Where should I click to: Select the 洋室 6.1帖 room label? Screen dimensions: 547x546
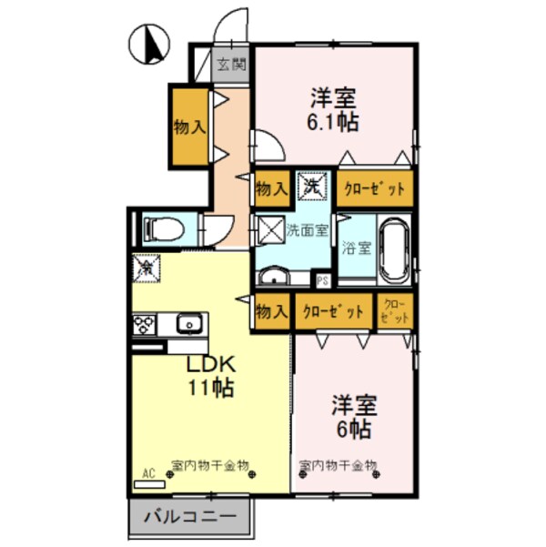[332, 108]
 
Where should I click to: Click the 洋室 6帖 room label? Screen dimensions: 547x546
[349, 415]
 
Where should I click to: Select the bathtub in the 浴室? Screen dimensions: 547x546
[395, 251]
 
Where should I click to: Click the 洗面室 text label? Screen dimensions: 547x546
[307, 230]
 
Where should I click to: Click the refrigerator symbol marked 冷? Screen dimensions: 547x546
[147, 268]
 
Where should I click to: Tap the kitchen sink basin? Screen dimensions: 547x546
[190, 324]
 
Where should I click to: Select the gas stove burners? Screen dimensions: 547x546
[146, 324]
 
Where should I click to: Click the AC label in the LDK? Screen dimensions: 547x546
[148, 474]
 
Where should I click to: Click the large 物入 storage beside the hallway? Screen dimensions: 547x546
[189, 127]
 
